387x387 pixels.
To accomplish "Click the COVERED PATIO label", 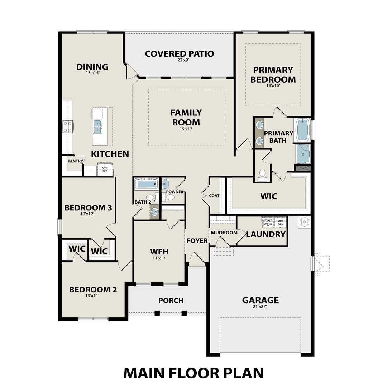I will (180, 54).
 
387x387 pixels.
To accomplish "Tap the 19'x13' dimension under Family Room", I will (186, 129).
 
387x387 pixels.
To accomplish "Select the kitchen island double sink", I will (98, 126).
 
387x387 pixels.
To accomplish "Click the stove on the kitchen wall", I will (67, 126).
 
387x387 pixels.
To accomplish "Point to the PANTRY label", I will (75, 161).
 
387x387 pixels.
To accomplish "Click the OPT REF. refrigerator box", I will (105, 169).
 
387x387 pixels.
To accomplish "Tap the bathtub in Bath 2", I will (146, 185).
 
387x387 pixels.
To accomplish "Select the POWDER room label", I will (175, 192).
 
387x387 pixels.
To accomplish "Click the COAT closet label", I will (214, 196).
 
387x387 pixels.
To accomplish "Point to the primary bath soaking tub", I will (303, 129).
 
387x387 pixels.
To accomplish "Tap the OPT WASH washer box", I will (268, 222).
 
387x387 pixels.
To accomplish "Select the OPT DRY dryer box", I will (280, 222).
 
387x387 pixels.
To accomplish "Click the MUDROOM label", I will (224, 233).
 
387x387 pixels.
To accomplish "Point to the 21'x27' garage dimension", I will (260, 307).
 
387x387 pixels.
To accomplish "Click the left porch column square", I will (157, 313).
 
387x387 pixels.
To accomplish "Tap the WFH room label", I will (159, 251).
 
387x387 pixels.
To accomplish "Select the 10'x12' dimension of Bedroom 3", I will (88, 214).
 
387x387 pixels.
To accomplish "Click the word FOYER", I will (197, 241).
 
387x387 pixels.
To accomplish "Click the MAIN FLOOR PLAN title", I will (193, 373).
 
